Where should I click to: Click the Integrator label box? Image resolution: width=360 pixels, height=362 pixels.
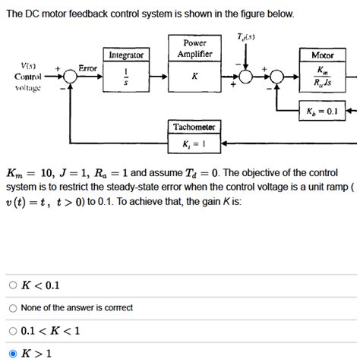(x=126, y=55)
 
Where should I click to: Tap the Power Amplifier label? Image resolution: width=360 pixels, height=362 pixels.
(x=194, y=49)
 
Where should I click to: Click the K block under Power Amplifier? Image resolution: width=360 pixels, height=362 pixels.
(x=194, y=77)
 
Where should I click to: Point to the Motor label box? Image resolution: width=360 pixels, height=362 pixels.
(x=323, y=55)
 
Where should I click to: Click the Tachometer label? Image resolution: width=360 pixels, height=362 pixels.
(x=194, y=126)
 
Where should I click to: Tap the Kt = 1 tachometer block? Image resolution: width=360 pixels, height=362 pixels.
(x=194, y=143)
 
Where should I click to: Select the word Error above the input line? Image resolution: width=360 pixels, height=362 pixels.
(x=88, y=68)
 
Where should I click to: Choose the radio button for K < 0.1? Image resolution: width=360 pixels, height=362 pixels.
(x=13, y=285)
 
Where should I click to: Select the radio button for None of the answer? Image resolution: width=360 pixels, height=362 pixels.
(x=13, y=307)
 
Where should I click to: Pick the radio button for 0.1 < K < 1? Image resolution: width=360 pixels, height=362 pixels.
(x=13, y=330)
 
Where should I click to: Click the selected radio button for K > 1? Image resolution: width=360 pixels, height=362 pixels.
(x=13, y=353)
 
